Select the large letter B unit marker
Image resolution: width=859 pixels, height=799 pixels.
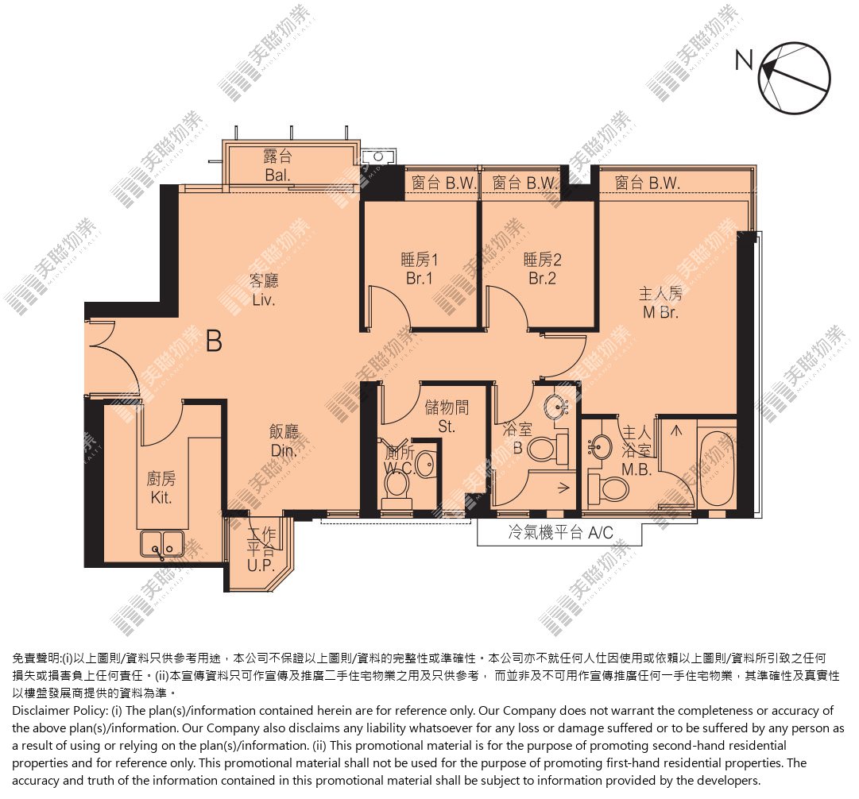215,341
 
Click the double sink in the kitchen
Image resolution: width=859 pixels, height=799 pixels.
162,544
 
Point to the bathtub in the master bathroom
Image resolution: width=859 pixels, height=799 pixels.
717,469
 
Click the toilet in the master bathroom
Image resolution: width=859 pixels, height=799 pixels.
608,489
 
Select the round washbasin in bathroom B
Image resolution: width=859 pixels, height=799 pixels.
555,407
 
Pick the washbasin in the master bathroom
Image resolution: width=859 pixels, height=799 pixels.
601,448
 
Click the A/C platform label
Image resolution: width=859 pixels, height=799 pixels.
560,532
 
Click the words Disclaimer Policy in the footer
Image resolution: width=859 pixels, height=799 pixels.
59,711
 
